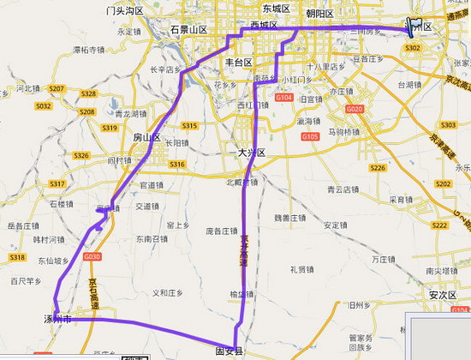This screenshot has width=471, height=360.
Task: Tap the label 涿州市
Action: (61, 319)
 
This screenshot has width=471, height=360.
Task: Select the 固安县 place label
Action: (230, 351)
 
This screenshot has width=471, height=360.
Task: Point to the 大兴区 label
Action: (252, 153)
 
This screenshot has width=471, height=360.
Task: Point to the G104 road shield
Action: (284, 99)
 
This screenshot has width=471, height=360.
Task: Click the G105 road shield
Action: (310, 136)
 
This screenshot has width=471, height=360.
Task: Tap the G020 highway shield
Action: (355, 109)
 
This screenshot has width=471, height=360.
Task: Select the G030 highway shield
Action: (92, 257)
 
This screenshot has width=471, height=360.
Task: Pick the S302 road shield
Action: (413, 48)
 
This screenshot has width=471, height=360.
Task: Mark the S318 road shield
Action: (16, 257)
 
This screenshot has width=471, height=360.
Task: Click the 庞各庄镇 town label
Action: (221, 231)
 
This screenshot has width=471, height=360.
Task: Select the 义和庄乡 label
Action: (168, 292)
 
